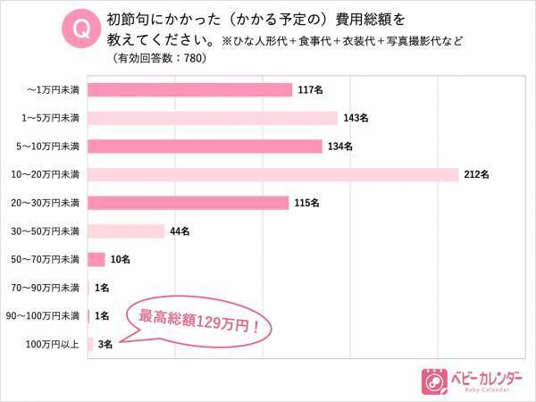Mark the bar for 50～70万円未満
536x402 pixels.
point(97,259)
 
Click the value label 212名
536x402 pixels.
point(477,174)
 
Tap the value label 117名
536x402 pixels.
point(309,89)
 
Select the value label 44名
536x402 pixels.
point(180,231)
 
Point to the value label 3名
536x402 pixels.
point(104,344)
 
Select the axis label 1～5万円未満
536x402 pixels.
point(52,118)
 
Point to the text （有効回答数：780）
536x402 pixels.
point(160,59)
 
